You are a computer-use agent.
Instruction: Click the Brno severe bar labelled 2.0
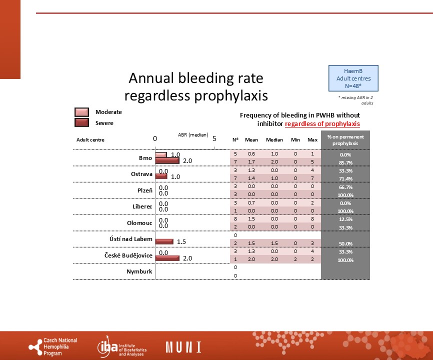click(x=167, y=160)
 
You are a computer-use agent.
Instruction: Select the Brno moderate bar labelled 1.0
click(x=161, y=155)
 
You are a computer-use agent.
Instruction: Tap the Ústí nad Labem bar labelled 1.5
click(x=164, y=242)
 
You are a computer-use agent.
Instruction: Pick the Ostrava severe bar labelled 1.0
click(x=161, y=176)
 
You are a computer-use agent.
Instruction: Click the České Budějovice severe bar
click(x=167, y=258)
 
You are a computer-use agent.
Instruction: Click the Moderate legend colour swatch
click(x=81, y=112)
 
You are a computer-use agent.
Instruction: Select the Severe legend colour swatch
click(x=81, y=122)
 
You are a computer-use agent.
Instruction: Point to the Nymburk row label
click(x=139, y=271)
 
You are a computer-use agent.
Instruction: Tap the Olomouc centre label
click(x=139, y=223)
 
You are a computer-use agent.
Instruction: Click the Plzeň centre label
click(x=144, y=190)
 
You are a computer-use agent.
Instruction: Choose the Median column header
click(x=274, y=139)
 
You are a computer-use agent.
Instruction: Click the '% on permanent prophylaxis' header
click(x=345, y=140)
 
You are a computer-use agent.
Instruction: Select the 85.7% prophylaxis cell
click(x=345, y=162)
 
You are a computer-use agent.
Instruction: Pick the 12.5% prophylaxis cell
click(x=345, y=219)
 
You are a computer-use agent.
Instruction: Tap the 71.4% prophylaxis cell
click(x=345, y=178)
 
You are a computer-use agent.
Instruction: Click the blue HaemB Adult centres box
click(x=353, y=78)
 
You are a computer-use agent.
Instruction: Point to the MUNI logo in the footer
click(x=183, y=347)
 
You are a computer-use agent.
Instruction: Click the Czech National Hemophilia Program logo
click(x=53, y=346)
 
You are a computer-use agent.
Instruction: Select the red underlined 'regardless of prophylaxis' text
click(x=322, y=123)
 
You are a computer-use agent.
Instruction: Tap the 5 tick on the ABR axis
click(x=214, y=138)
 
